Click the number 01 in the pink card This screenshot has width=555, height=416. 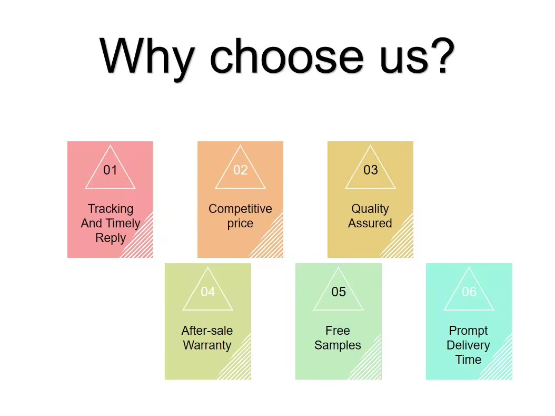(x=110, y=170)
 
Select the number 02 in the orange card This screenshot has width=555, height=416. (x=240, y=170)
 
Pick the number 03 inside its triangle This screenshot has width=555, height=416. (x=371, y=170)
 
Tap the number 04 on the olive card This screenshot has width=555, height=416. (x=208, y=292)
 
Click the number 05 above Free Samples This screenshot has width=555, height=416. (x=339, y=292)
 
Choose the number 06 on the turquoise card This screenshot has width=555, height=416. (x=469, y=292)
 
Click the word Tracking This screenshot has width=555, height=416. (x=111, y=209)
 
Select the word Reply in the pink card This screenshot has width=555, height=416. (x=111, y=238)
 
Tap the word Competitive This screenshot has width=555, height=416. (x=240, y=209)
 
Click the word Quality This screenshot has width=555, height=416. (x=370, y=209)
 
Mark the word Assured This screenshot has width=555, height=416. (x=370, y=223)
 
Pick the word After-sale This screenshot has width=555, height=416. (x=207, y=331)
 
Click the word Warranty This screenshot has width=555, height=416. (x=207, y=345)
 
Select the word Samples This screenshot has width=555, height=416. (x=338, y=345)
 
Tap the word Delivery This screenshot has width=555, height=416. (x=468, y=345)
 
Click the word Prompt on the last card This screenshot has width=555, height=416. (x=468, y=331)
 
